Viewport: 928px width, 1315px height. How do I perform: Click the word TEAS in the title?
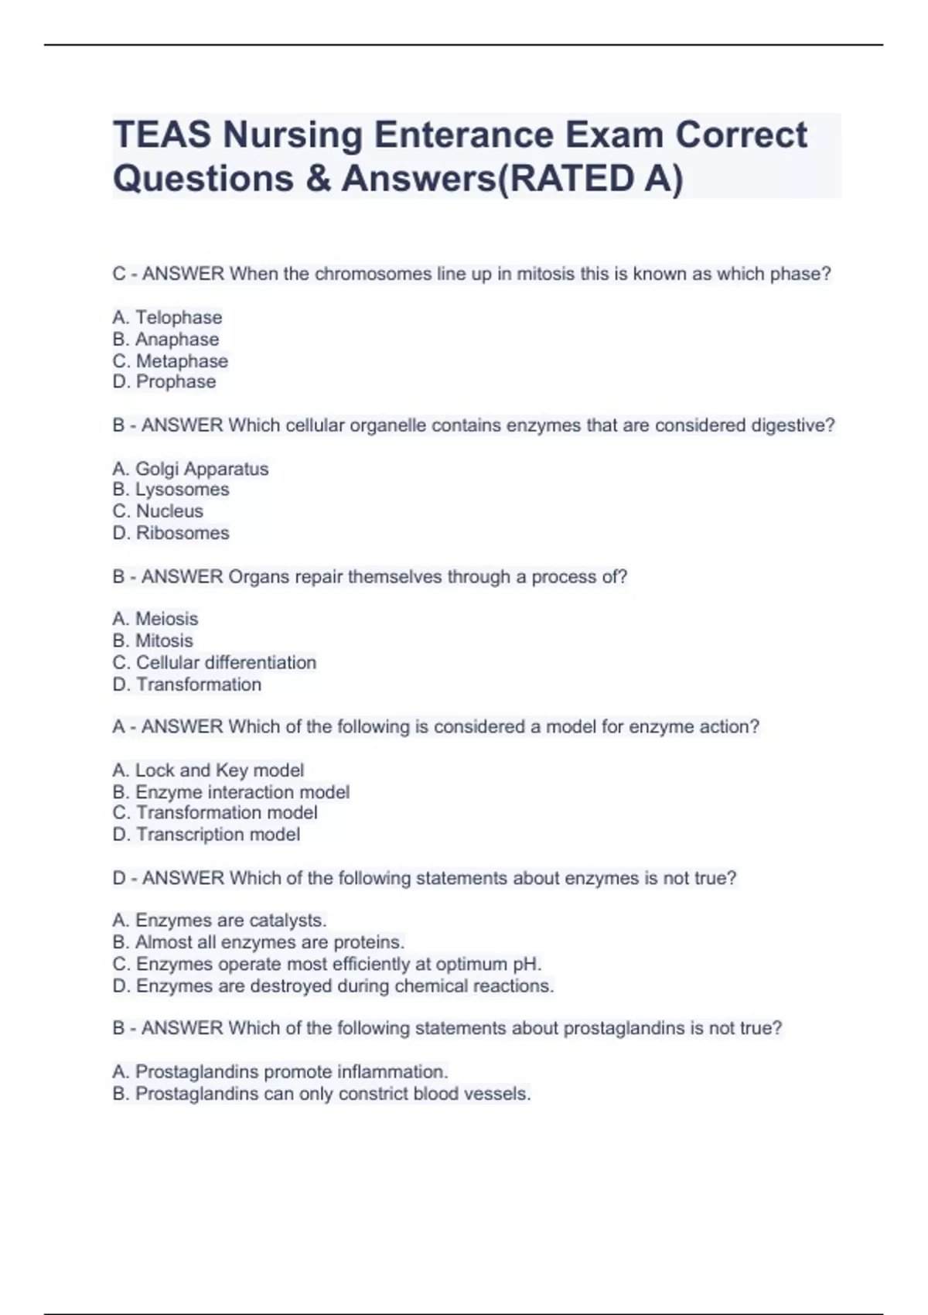(162, 135)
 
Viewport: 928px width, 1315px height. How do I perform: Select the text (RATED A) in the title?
(591, 179)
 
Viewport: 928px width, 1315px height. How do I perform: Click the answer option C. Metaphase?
(170, 361)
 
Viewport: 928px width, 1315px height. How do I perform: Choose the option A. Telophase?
(167, 317)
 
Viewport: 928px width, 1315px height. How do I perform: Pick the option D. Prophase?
(164, 382)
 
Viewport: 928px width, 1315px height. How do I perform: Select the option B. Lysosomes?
(171, 490)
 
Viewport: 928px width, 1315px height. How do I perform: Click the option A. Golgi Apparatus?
(190, 469)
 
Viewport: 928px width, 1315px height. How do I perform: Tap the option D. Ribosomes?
(171, 533)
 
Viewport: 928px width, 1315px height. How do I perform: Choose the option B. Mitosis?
(152, 640)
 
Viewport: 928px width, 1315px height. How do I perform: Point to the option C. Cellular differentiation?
(214, 663)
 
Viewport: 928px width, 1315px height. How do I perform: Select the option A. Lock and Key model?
(208, 770)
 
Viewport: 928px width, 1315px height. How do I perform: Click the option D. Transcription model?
(206, 835)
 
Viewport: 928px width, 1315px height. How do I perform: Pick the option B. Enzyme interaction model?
(230, 792)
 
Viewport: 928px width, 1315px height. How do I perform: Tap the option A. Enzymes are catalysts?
(220, 920)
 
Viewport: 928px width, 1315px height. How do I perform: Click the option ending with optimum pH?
(327, 965)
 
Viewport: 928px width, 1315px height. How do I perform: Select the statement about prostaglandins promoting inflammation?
(280, 1072)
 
